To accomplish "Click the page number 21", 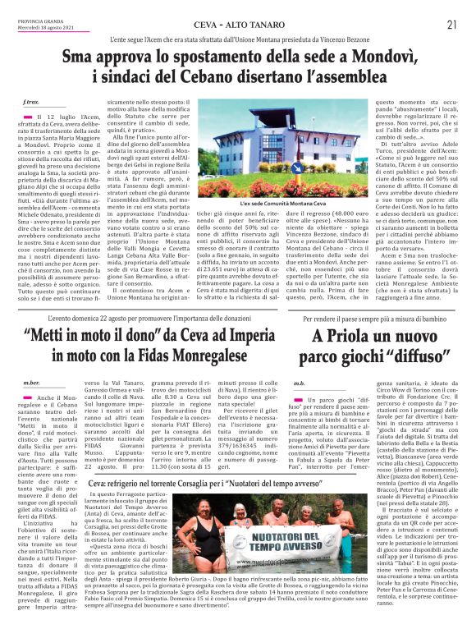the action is (x=452, y=25).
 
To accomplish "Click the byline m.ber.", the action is (x=31, y=383).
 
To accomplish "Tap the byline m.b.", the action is (x=299, y=383).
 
